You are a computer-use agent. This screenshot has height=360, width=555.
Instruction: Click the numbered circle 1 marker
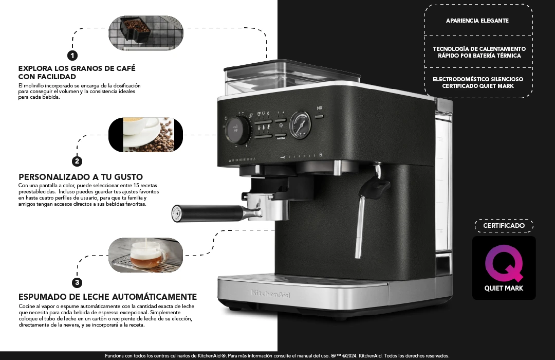coord(72,56)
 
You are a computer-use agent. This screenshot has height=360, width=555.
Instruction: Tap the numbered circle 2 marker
coord(77,161)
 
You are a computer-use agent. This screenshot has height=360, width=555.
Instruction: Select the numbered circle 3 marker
coord(77,282)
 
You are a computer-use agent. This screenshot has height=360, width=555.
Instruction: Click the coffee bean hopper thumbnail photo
coord(146,32)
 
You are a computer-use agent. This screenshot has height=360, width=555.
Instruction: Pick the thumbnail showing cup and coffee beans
coord(145,135)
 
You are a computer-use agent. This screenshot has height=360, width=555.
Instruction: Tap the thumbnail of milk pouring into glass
coord(145,255)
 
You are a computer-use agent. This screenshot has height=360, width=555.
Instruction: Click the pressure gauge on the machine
coord(300,125)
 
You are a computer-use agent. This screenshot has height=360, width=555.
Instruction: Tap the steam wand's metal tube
coord(360,227)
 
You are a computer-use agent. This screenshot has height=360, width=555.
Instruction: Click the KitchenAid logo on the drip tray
coord(270,294)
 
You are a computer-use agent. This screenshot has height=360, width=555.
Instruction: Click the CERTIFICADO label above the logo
coord(504,226)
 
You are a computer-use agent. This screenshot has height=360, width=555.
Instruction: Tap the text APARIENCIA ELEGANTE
coord(477,21)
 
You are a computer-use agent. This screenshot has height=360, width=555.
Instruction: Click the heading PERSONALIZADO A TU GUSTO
coord(81,177)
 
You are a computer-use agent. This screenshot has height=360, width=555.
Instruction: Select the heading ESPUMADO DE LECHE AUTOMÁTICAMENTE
coord(107,297)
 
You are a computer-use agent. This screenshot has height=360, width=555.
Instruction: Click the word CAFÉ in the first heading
coord(126,68)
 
